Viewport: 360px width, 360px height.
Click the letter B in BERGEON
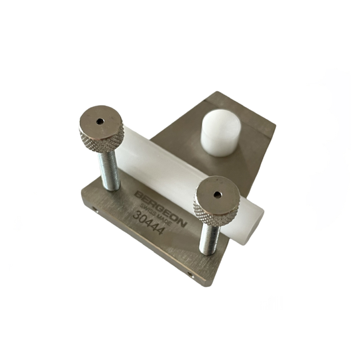click(x=138, y=195)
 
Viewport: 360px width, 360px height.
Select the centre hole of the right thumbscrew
click(x=217, y=195)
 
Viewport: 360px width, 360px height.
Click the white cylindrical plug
click(x=220, y=134)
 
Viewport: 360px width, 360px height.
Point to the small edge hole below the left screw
click(x=94, y=209)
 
